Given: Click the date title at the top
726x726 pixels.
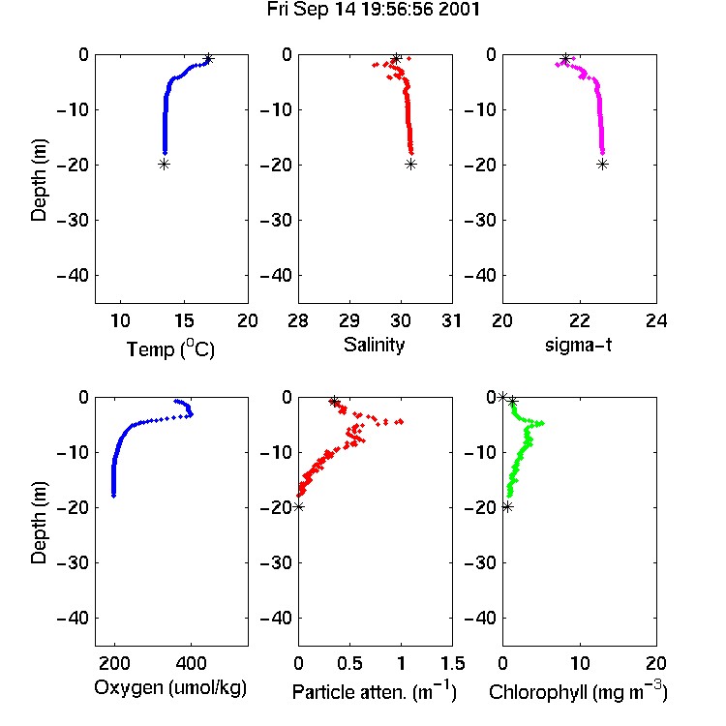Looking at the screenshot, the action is pos(374,10).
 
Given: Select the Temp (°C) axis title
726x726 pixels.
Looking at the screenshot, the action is pos(170,348).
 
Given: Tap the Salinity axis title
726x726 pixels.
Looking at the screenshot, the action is pos(374,345).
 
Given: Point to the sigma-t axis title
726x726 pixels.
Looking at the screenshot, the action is pos(578,345).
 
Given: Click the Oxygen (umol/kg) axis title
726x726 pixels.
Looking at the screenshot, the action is pos(170,688).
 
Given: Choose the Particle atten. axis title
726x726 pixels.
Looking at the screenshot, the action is pos(375,691).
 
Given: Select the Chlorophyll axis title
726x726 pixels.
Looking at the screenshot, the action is pos(578,691).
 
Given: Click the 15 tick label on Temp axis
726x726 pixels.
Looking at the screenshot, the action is pos(184,320).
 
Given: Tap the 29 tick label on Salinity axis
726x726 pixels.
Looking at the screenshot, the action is pos(349,320).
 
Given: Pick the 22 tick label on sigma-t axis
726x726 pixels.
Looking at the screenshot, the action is pos(579,320).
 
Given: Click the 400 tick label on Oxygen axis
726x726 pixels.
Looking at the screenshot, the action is pos(191,663).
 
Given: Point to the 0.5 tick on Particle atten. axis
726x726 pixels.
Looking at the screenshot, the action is pos(350,663).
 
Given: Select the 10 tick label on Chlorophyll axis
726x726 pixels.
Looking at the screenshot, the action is pos(579,663).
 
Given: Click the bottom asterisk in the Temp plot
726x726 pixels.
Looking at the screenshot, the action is pos(164,164).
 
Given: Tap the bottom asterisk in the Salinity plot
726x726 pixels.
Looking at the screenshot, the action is pos(410,164).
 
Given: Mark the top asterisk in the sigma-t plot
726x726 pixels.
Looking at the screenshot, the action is pos(565,59).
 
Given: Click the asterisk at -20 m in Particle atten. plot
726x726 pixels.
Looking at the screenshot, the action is pos(299,506).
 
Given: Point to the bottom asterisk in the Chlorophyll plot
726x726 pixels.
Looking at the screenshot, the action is pos(507,507).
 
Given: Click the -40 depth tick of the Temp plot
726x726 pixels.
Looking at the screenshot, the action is pos(73,276).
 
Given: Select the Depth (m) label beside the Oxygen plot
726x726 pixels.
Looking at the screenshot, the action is pos(39,523).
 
